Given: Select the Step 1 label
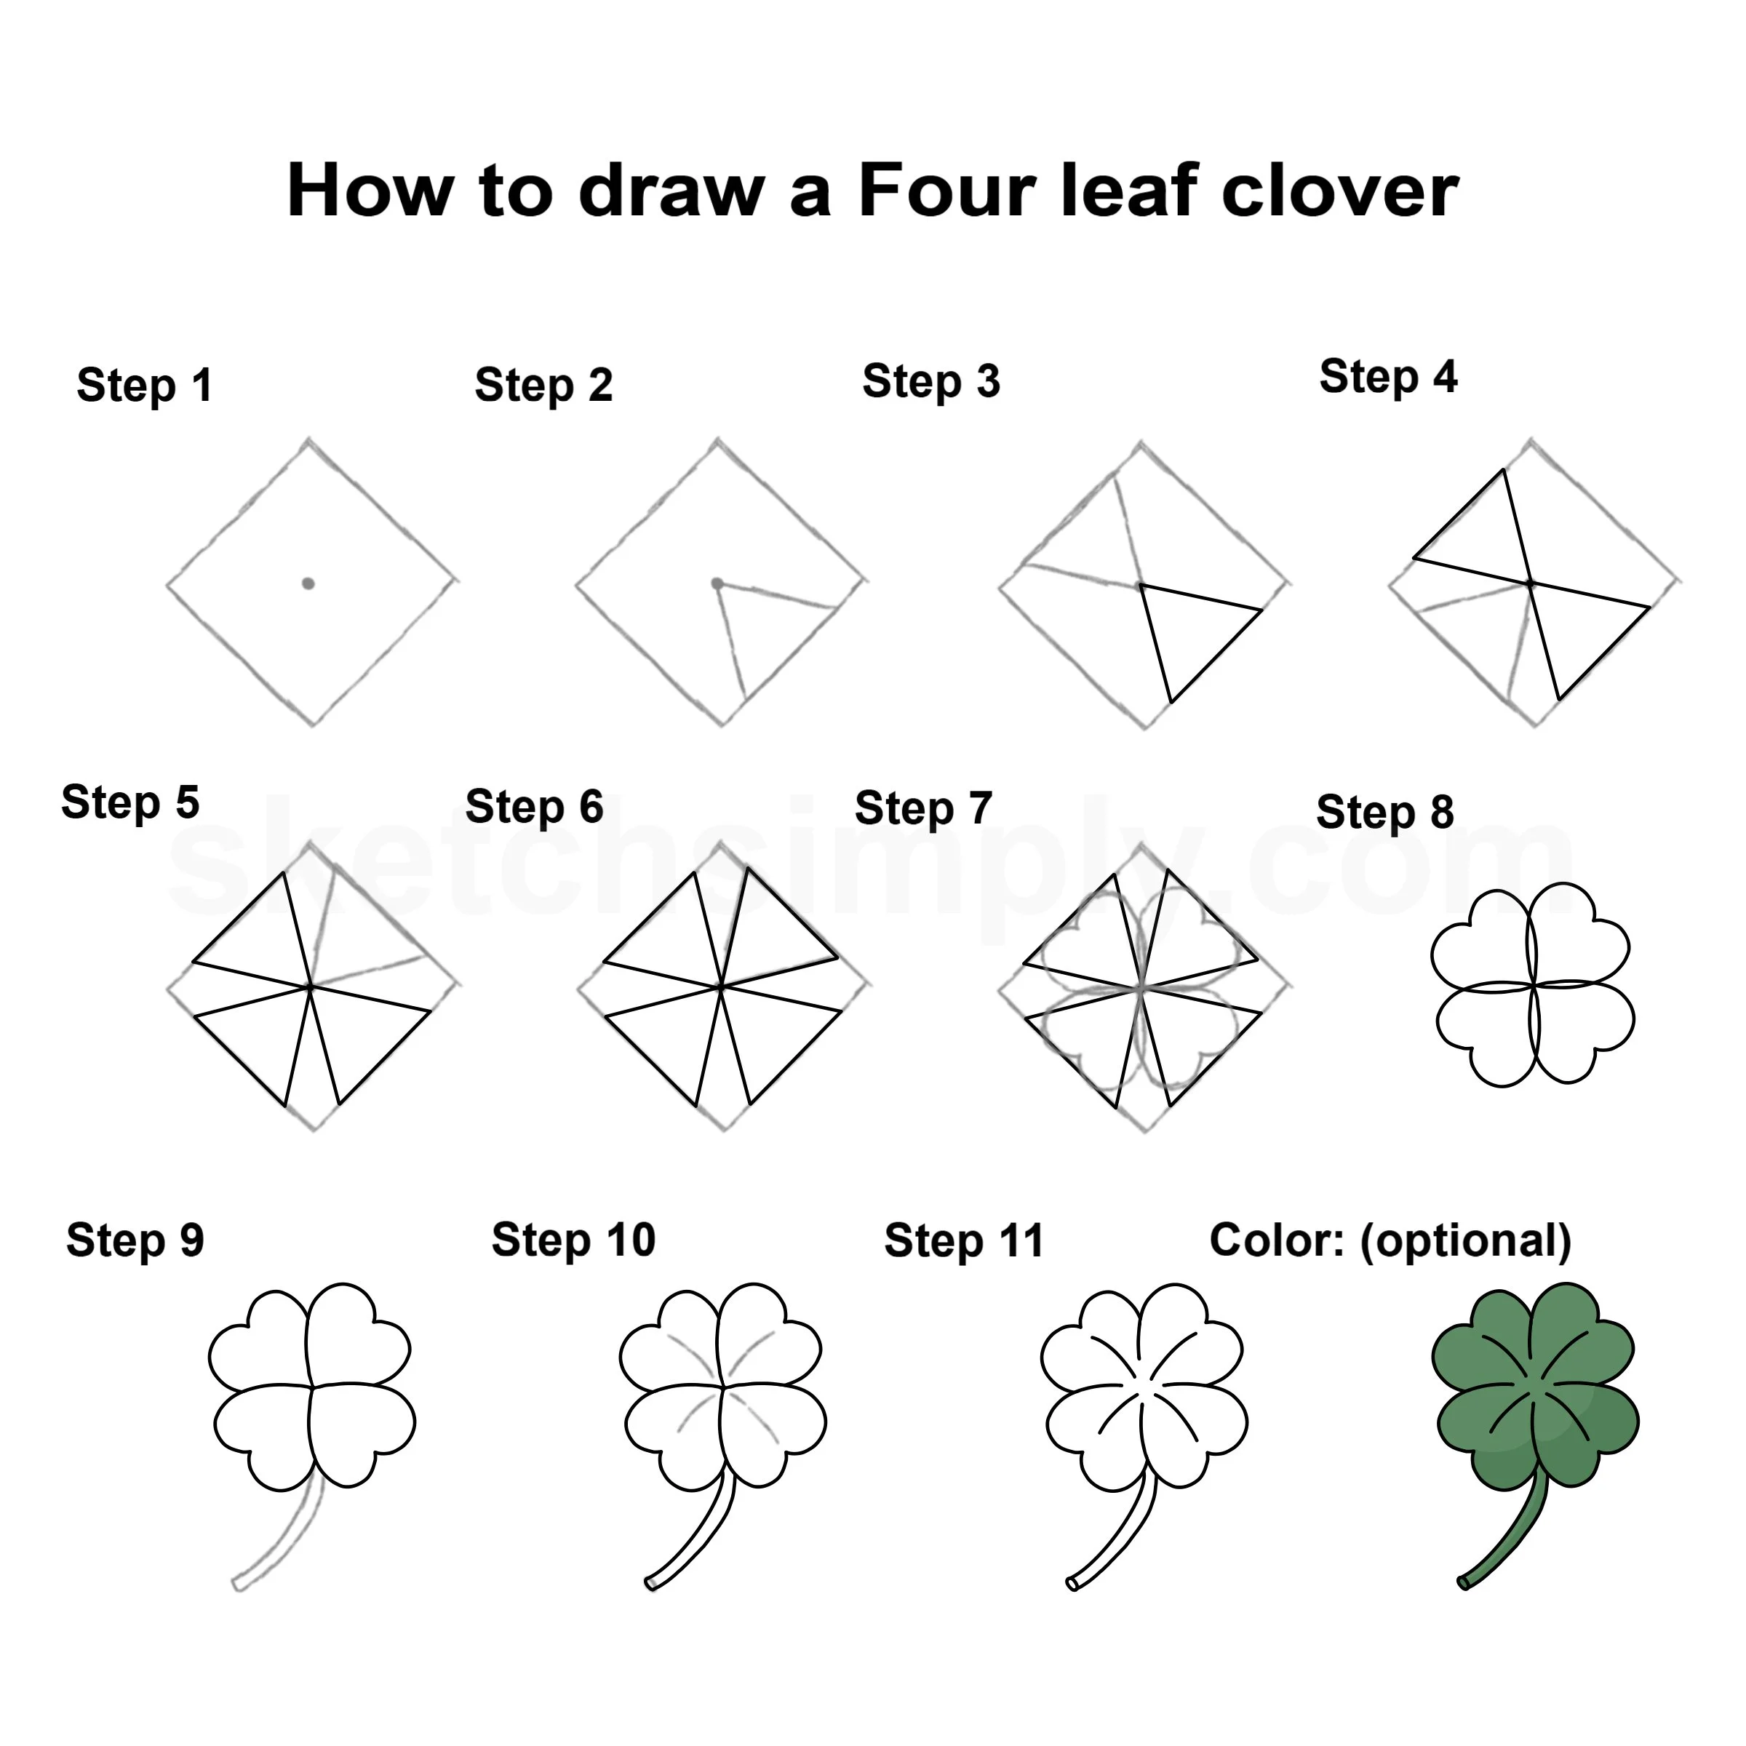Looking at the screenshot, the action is [145, 386].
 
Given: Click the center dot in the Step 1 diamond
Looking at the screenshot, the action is [308, 583].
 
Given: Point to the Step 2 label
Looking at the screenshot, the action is [544, 386].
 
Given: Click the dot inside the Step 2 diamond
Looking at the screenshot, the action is [717, 583].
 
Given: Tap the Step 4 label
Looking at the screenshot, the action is [1388, 378].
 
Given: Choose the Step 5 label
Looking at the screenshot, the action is [130, 802].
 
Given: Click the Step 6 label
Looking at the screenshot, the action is [534, 807].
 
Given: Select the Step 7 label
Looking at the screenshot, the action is [924, 809].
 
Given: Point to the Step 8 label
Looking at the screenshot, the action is [1385, 813].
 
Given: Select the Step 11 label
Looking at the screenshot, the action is [963, 1241].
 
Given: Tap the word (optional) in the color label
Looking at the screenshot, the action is [1466, 1242].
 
